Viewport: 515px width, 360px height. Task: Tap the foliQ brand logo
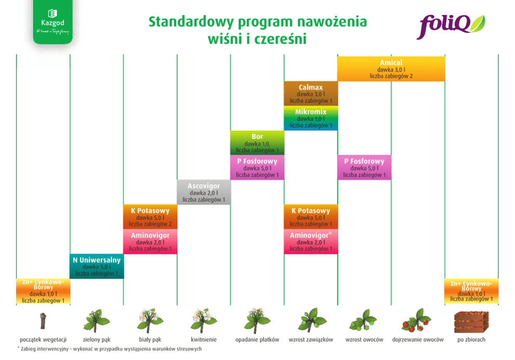[x=451, y=26]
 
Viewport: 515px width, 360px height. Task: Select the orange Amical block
[x=391, y=69]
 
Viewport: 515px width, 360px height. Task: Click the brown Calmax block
[x=311, y=94]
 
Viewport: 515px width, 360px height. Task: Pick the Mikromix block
[x=311, y=118]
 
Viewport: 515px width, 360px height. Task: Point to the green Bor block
[x=257, y=143]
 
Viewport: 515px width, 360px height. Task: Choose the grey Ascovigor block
[x=204, y=192]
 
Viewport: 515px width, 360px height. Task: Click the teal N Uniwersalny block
[x=97, y=266]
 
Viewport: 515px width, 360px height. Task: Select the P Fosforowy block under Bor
[x=257, y=168]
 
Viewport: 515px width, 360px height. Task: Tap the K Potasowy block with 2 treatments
[x=150, y=217]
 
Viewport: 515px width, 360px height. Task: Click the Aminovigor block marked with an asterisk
[x=311, y=242]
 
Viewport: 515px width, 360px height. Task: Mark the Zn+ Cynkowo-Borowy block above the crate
[x=471, y=291]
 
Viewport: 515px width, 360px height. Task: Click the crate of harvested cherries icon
[x=470, y=321]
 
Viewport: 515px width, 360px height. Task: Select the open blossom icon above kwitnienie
[x=204, y=319]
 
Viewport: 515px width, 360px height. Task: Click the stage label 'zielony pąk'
[x=97, y=340]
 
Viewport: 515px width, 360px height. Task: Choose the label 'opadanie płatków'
[x=257, y=340]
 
